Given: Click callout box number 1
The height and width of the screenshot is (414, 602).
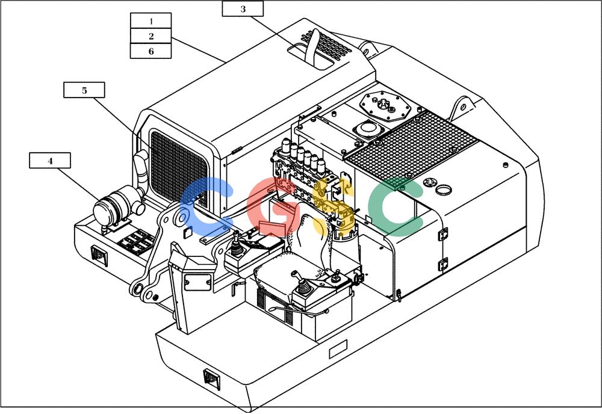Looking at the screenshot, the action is tap(151, 20).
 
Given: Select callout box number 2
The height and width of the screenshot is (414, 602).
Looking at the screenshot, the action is tap(151, 36).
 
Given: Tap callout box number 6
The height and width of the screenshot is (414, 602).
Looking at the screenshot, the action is tap(151, 51).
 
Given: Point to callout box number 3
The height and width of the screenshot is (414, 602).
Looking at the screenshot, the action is tap(243, 8).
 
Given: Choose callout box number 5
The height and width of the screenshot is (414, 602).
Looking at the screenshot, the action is tap(84, 90).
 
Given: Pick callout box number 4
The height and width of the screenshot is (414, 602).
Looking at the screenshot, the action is tap(50, 161).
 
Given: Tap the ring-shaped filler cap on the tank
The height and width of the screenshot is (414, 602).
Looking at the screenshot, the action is tap(444, 190).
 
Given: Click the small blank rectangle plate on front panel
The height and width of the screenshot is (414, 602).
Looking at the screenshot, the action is tap(338, 349).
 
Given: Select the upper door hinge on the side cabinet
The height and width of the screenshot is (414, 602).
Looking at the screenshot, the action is tap(443, 233).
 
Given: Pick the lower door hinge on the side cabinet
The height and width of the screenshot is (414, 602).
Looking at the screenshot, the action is tap(443, 265).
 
